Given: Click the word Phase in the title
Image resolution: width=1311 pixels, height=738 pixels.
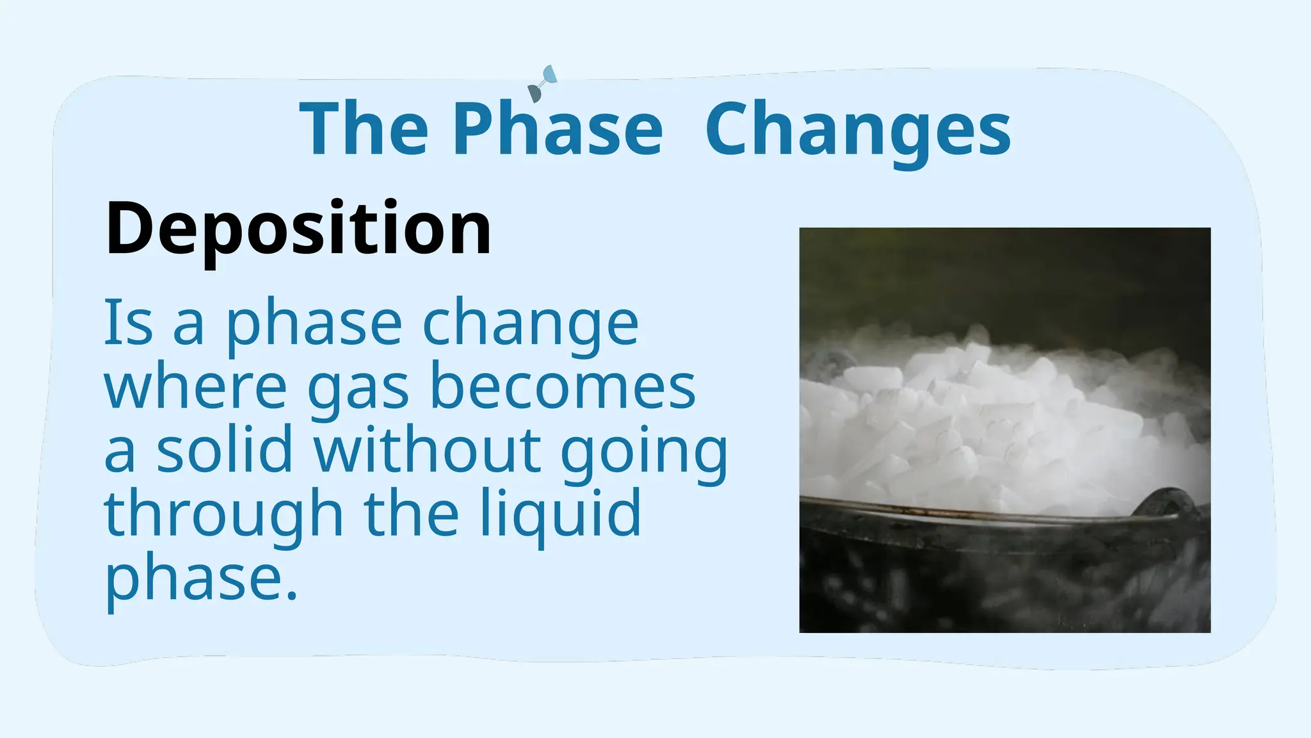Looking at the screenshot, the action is coord(558,128).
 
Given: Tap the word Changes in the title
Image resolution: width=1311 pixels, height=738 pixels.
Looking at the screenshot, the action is coord(858,133).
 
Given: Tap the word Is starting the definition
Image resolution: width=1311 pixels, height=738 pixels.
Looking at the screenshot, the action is coord(129,322).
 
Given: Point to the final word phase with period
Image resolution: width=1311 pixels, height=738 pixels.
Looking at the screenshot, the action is coord(201,580).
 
